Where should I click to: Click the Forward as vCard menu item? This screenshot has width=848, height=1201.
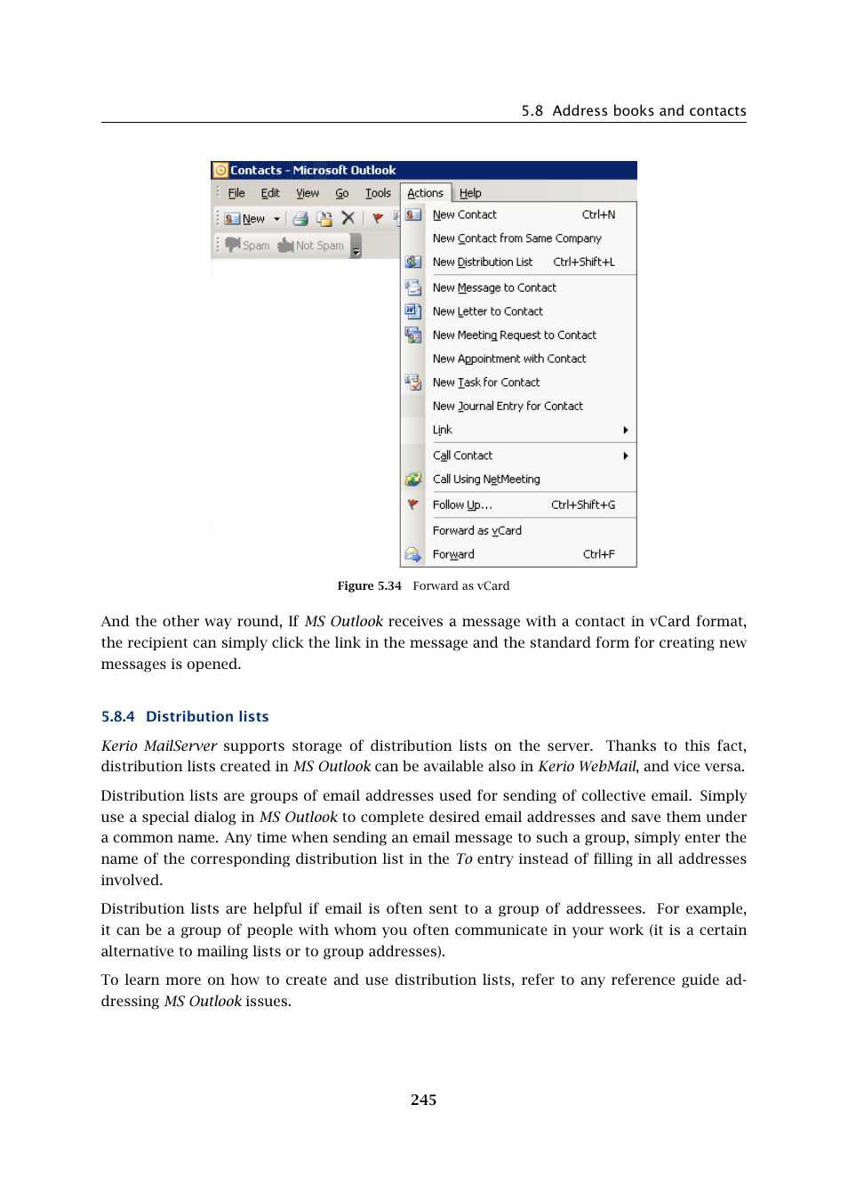pyautogui.click(x=476, y=530)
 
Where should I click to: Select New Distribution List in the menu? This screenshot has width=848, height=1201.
pyautogui.click(x=483, y=262)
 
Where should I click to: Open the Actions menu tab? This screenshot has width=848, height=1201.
pyautogui.click(x=425, y=193)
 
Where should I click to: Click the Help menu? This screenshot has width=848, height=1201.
pyautogui.click(x=470, y=193)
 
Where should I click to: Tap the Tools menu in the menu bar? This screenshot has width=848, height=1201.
pyautogui.click(x=378, y=193)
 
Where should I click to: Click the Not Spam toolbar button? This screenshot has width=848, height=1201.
pyautogui.click(x=311, y=246)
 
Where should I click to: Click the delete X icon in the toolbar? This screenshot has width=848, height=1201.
pyautogui.click(x=348, y=218)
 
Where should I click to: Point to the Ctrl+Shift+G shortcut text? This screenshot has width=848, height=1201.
pyautogui.click(x=582, y=504)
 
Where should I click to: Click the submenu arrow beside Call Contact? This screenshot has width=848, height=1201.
pyautogui.click(x=626, y=455)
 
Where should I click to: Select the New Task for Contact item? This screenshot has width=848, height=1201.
pyautogui.click(x=485, y=383)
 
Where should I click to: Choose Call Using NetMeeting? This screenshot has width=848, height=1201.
pyautogui.click(x=486, y=479)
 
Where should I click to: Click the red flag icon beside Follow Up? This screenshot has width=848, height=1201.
pyautogui.click(x=412, y=504)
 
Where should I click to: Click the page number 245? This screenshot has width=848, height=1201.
pyautogui.click(x=423, y=1100)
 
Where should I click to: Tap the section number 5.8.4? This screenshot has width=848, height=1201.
pyautogui.click(x=118, y=716)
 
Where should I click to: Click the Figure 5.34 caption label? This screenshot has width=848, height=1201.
pyautogui.click(x=369, y=585)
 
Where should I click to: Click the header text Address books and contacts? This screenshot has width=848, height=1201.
pyautogui.click(x=649, y=110)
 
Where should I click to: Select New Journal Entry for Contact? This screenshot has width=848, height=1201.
pyautogui.click(x=508, y=406)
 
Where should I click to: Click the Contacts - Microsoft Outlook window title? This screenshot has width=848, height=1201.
pyautogui.click(x=313, y=170)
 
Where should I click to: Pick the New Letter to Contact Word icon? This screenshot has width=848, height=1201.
pyautogui.click(x=412, y=311)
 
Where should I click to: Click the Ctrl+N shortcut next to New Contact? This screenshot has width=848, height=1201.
pyautogui.click(x=598, y=214)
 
